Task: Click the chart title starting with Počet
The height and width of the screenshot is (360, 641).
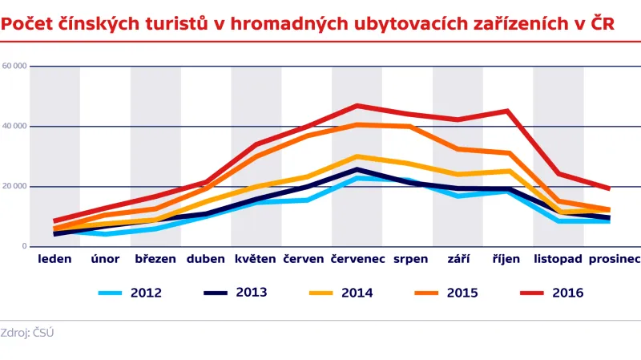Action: click(x=308, y=24)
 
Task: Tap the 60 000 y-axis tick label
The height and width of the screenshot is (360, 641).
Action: click(x=14, y=66)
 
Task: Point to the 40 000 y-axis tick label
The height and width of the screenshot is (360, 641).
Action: click(x=14, y=126)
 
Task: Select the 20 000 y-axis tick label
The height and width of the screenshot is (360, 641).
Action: click(x=14, y=186)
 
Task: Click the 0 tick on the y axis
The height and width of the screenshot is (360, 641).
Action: click(x=24, y=246)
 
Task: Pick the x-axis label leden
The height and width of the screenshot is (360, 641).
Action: click(x=54, y=259)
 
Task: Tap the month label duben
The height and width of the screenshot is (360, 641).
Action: click(x=206, y=259)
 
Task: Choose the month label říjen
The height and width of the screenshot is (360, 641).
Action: click(x=507, y=259)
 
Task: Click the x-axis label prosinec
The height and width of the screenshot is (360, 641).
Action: click(x=614, y=260)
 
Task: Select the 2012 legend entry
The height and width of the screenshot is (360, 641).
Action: click(x=130, y=293)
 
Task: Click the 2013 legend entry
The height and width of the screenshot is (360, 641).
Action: click(x=234, y=293)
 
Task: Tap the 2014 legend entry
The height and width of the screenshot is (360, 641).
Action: click(x=340, y=293)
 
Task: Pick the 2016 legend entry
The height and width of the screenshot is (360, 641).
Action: click(x=550, y=293)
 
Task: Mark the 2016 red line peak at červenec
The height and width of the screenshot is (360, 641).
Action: click(x=357, y=105)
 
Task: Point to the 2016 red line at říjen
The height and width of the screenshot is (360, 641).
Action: click(x=507, y=111)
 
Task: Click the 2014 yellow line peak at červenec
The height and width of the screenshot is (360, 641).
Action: click(x=357, y=156)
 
